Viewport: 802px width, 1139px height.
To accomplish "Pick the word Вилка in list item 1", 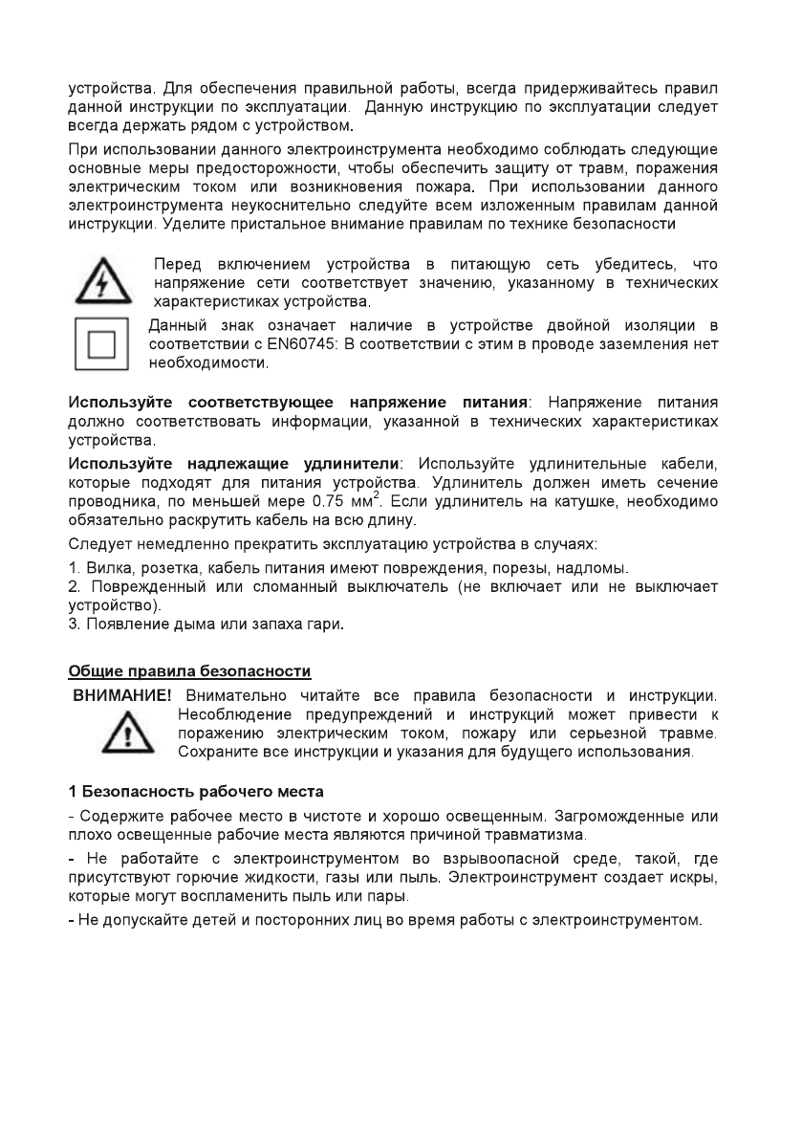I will click(x=104, y=568).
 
